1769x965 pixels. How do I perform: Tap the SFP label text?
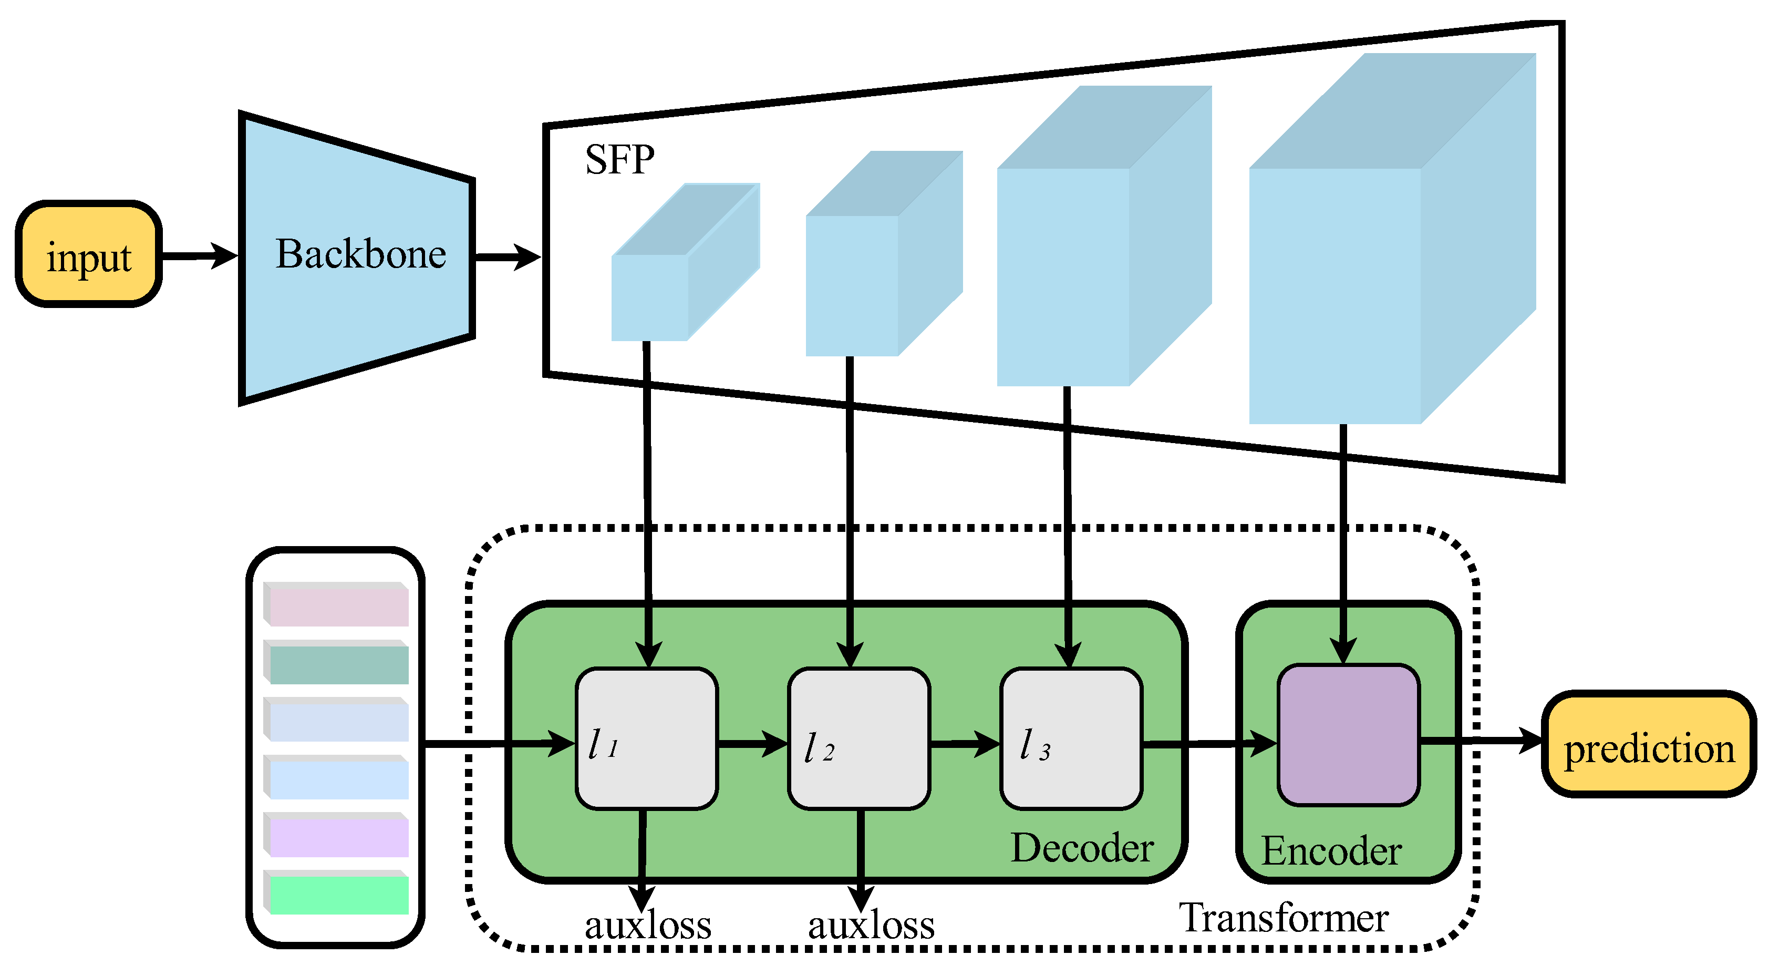(619, 160)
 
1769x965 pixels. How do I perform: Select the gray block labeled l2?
(859, 739)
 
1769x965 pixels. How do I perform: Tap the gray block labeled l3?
(1072, 739)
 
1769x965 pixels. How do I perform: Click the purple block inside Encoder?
(1348, 735)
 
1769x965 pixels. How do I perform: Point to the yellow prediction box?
(1649, 745)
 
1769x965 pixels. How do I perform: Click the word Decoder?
(1082, 848)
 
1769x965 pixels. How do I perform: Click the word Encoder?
(1331, 851)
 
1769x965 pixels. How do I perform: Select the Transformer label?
(1284, 918)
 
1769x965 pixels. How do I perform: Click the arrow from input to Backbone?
(199, 256)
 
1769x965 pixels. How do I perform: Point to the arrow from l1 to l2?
(752, 743)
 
